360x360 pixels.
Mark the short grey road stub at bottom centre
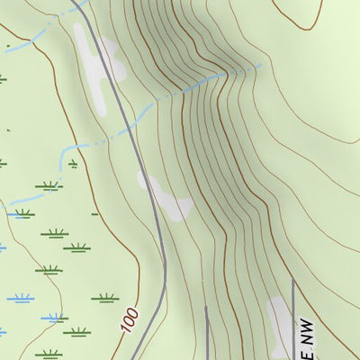[x=206, y=333]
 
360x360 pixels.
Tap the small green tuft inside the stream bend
[x=73, y=165]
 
